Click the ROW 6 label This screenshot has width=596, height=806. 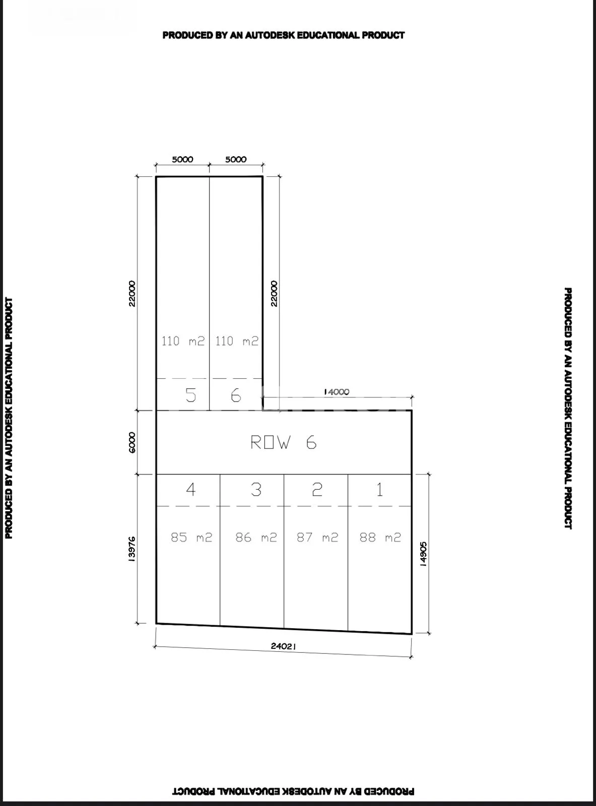click(284, 442)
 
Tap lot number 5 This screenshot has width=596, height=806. click(191, 395)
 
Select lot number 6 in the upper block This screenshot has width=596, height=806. click(236, 395)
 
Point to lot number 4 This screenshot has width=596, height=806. click(191, 490)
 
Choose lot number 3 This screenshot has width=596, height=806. click(256, 490)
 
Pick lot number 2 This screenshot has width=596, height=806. click(317, 490)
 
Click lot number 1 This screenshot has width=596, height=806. click(380, 490)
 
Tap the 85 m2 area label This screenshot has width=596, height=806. click(191, 537)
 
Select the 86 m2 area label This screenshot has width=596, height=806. click(256, 537)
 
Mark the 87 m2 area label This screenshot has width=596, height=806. click(317, 537)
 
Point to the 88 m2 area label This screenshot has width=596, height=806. click(380, 537)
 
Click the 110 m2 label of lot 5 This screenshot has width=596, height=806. click(183, 341)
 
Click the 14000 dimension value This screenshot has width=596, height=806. click(337, 392)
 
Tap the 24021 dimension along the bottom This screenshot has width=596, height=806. click(284, 646)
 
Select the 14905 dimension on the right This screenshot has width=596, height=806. click(423, 554)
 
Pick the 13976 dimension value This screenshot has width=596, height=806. click(132, 549)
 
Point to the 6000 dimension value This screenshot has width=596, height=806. click(132, 442)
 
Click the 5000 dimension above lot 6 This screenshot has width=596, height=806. click(236, 159)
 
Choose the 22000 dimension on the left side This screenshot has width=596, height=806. click(132, 294)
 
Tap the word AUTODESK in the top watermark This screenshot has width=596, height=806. click(270, 35)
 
